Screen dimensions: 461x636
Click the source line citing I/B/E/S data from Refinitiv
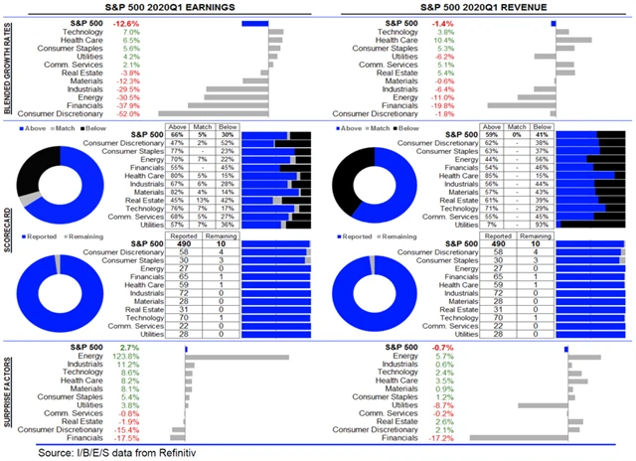tap(121, 452)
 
